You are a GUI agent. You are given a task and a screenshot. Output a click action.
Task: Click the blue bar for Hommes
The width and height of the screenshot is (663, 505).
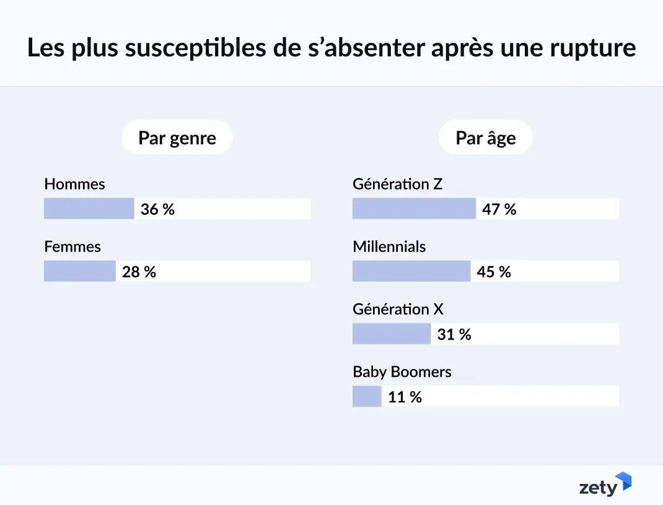click(89, 209)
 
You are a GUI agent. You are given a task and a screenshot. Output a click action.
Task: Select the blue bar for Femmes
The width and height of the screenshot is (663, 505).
click(80, 271)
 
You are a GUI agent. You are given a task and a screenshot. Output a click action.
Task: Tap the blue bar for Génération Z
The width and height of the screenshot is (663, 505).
click(414, 209)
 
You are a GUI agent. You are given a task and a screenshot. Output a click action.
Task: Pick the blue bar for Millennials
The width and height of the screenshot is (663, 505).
click(411, 271)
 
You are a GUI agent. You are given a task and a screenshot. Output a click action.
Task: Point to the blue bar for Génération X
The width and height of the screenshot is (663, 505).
click(392, 334)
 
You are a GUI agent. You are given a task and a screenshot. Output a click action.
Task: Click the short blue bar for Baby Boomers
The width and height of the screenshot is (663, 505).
click(367, 397)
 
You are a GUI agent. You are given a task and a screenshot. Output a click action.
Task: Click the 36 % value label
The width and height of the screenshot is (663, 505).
click(157, 209)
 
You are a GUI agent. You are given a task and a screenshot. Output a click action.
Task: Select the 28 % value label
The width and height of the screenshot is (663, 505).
click(139, 272)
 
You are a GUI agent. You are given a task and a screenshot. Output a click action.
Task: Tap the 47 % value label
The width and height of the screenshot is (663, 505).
click(499, 209)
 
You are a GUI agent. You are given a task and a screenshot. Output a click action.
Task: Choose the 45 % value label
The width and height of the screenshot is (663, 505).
click(494, 272)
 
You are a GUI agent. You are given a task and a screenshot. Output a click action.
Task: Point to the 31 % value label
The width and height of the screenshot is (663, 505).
click(454, 335)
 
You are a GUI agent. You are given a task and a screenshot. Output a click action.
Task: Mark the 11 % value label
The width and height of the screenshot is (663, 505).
click(405, 397)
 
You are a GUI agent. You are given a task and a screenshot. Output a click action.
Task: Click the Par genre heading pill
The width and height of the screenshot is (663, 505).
click(177, 138)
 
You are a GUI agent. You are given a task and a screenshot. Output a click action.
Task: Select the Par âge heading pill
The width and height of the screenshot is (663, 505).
click(485, 138)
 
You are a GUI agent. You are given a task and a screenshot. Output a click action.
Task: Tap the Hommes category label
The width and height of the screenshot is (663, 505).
click(74, 184)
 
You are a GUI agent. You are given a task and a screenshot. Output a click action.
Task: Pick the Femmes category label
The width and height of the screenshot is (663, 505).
click(72, 247)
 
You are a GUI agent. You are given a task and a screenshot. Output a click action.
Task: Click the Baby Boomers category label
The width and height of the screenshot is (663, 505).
click(402, 372)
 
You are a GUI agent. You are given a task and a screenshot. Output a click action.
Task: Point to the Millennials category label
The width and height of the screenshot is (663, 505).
click(389, 247)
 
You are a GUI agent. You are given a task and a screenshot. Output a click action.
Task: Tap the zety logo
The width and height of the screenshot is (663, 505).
click(605, 485)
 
